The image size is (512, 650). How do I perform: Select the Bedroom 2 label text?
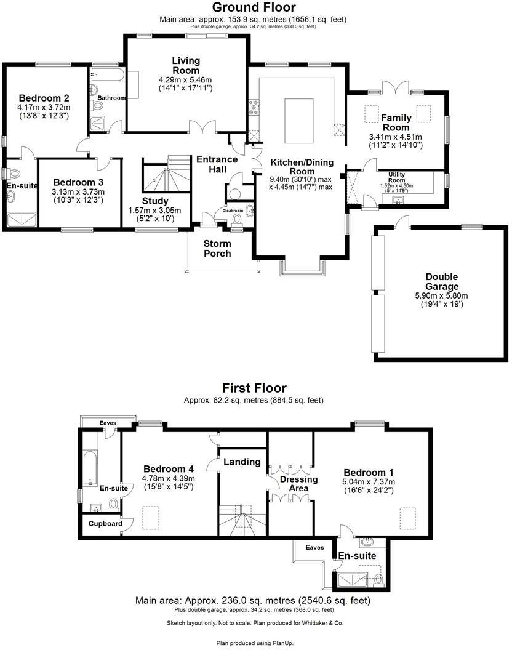coord(43,98)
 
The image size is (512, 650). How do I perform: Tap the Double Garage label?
coord(442,282)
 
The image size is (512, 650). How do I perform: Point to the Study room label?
coord(155,201)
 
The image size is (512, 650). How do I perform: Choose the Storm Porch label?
coord(217,248)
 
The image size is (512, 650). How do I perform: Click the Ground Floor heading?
coord(254,8)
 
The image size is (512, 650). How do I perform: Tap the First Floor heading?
coord(254,388)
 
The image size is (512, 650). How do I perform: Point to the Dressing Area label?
coord(298,484)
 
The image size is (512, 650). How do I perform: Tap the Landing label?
coord(242,462)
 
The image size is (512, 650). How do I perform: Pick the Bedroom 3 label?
coord(78,183)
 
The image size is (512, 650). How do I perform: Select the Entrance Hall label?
coord(217,164)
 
